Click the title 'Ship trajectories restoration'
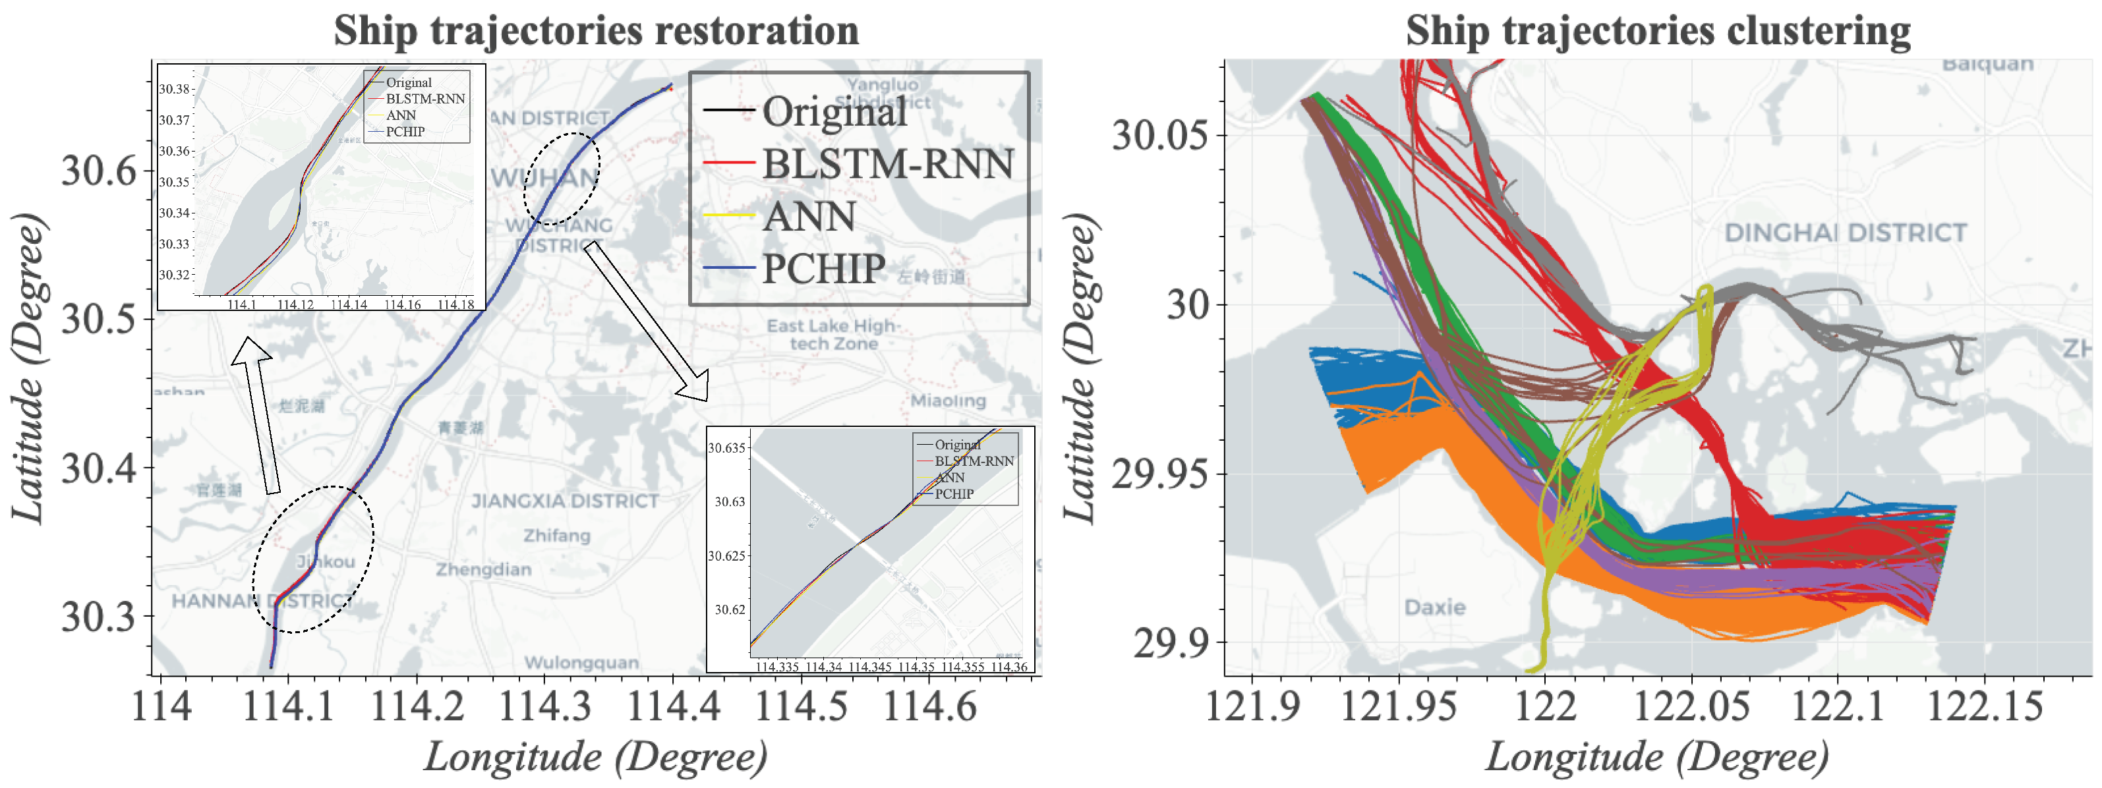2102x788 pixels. tap(596, 31)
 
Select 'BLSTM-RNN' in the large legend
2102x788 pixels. tap(888, 164)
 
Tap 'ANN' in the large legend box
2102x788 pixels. tap(809, 217)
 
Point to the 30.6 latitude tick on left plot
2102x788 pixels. tap(99, 171)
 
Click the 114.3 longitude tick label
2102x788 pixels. tap(544, 706)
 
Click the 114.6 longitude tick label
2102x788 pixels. tap(929, 706)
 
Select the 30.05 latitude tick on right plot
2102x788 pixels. tap(1159, 134)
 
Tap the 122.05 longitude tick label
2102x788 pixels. tap(1691, 706)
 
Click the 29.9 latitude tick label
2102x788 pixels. tap(1170, 644)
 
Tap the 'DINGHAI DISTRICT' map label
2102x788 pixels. tap(1845, 233)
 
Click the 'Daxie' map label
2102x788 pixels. tap(1434, 607)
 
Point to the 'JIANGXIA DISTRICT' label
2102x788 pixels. tap(565, 501)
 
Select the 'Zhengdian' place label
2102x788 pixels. tap(483, 569)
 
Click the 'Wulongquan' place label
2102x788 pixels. tap(581, 662)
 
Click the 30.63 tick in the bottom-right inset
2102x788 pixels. tap(730, 501)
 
